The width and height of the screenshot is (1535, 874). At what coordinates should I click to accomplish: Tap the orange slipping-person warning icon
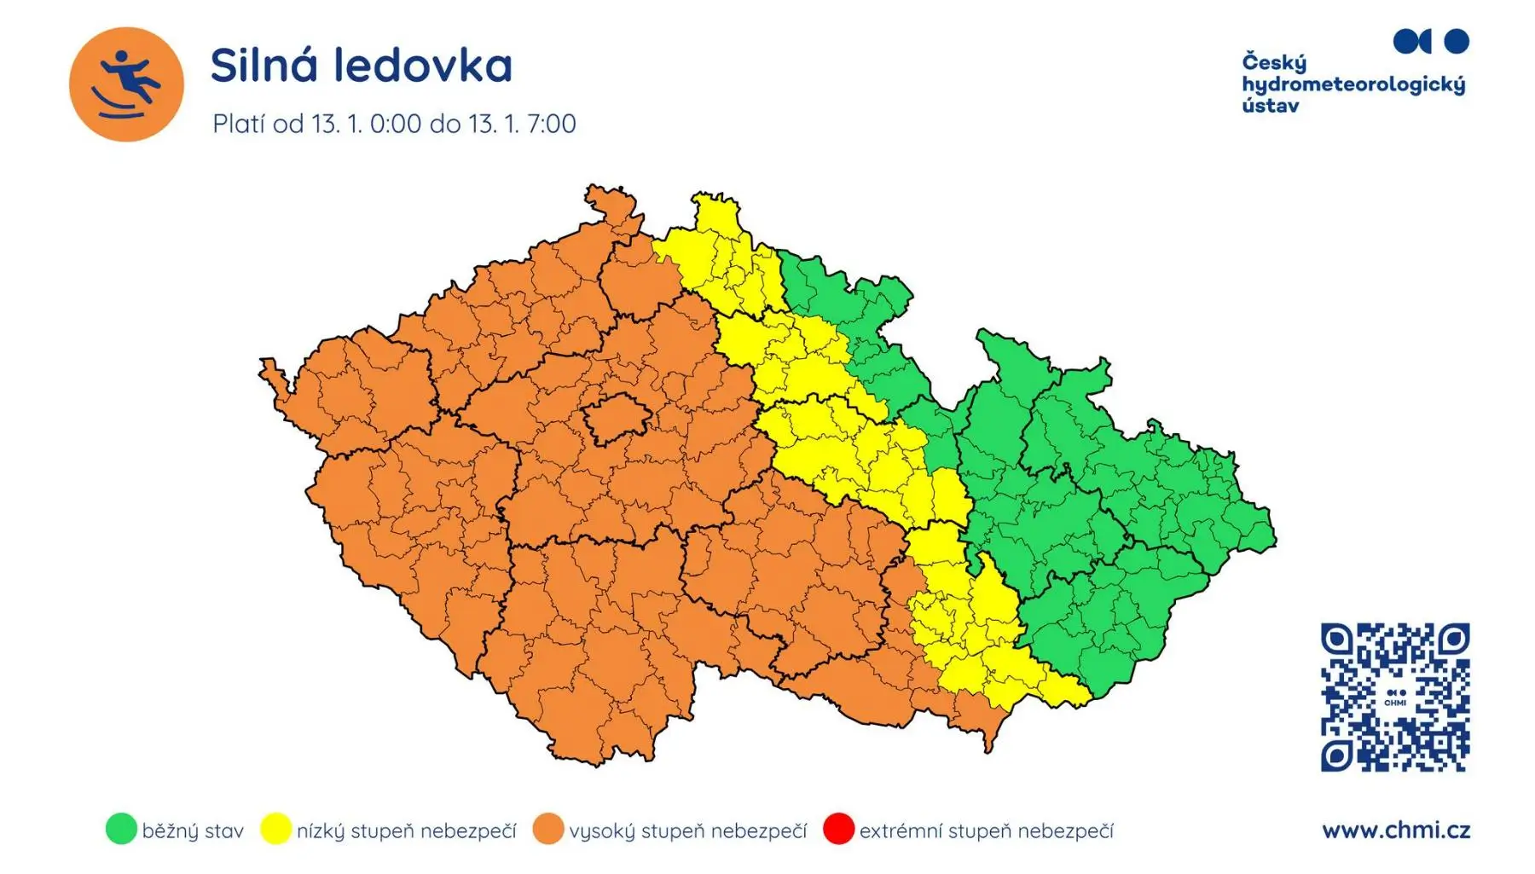click(126, 84)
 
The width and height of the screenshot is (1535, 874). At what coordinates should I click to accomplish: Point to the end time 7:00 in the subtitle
click(552, 124)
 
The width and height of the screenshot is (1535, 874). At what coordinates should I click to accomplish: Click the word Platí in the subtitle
click(239, 124)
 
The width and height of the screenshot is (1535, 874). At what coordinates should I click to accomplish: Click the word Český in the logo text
click(1274, 63)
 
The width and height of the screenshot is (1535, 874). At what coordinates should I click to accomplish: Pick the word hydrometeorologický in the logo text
click(1353, 85)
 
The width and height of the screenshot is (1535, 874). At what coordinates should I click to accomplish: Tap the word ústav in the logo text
click(1270, 107)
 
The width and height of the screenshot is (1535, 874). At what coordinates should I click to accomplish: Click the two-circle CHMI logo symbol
click(1431, 41)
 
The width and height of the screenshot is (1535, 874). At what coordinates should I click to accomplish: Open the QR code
click(1395, 697)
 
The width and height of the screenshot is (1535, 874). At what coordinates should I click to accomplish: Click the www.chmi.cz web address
click(1396, 830)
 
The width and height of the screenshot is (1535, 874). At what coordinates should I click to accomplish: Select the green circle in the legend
click(121, 829)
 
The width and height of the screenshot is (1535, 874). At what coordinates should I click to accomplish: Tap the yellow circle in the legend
click(275, 829)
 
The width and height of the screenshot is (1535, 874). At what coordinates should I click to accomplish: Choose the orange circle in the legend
click(548, 829)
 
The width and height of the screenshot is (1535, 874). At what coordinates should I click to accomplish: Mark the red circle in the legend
click(838, 829)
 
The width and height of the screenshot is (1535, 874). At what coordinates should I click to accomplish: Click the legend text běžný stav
click(193, 831)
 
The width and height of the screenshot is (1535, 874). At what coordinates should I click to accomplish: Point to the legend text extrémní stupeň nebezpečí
click(986, 831)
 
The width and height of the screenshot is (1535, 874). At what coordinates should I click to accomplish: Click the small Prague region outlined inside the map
click(617, 420)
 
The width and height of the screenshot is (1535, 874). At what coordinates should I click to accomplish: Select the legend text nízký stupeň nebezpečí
click(406, 831)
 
